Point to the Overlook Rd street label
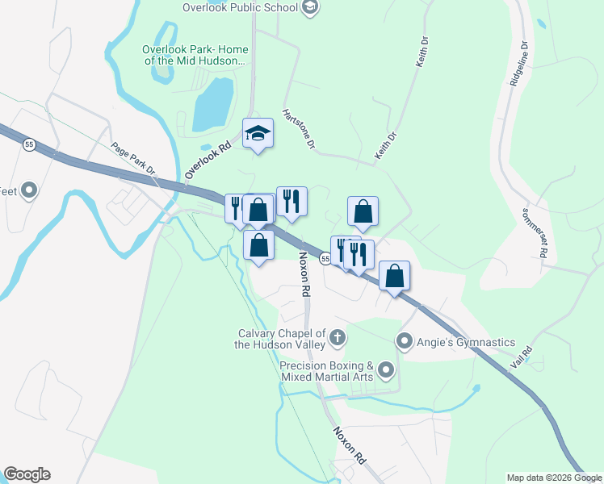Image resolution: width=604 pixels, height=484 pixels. (208, 156)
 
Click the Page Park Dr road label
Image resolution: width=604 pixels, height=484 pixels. (133, 158)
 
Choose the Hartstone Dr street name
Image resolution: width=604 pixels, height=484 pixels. (298, 129)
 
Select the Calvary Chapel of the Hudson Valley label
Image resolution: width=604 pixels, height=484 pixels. (282, 339)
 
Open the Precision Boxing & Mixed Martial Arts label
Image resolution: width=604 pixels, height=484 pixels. (326, 370)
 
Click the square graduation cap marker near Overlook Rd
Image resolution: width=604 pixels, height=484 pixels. (258, 133)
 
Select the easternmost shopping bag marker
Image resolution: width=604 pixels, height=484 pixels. (394, 276)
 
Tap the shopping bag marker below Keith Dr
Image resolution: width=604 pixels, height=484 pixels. (363, 211)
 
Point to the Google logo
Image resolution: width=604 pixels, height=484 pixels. (27, 474)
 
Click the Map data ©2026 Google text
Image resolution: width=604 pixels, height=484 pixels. (554, 478)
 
